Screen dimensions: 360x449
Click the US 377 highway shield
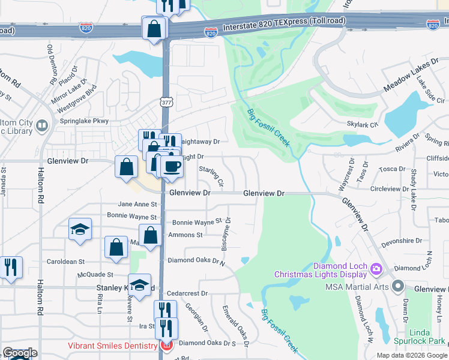pyautogui.click(x=166, y=103)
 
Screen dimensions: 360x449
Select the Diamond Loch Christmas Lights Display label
pyautogui.click(x=320, y=270)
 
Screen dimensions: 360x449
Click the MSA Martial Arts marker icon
pyautogui.click(x=397, y=286)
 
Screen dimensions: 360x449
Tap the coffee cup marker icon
pyautogui.click(x=172, y=166)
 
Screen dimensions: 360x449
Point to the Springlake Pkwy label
pyautogui.click(x=83, y=121)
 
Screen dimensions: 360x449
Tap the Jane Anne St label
pyautogui.click(x=137, y=205)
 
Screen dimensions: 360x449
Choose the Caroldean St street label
pyautogui.click(x=67, y=262)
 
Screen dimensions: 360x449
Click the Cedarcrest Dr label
pyautogui.click(x=187, y=294)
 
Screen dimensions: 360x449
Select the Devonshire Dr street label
pyautogui.click(x=402, y=241)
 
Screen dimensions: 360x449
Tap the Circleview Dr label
pyautogui.click(x=389, y=188)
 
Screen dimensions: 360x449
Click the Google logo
pyautogui.click(x=20, y=353)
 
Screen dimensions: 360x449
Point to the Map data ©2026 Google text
pyautogui.click(x=411, y=355)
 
